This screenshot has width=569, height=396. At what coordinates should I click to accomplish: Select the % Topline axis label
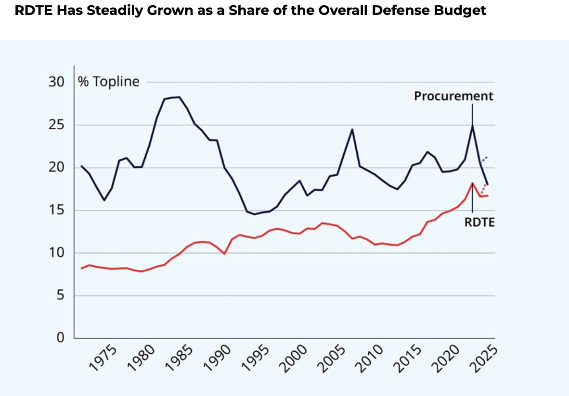(109, 82)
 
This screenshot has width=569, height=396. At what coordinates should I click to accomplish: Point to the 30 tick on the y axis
(56, 82)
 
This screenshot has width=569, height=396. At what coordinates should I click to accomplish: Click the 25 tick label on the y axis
(56, 125)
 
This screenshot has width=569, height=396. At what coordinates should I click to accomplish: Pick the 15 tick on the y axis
(56, 210)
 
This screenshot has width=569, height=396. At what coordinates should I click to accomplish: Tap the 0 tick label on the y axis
(60, 338)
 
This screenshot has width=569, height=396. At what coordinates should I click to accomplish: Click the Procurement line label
(453, 96)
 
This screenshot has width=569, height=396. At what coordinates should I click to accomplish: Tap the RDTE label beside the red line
(479, 222)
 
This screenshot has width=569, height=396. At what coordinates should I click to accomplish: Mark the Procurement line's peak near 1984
(179, 97)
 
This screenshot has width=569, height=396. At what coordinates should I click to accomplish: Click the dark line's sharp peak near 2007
(352, 129)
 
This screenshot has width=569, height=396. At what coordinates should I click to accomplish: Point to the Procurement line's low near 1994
(255, 214)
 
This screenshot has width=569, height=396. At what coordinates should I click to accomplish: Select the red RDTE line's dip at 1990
(224, 253)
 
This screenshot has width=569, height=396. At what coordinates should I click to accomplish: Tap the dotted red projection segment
(484, 188)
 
